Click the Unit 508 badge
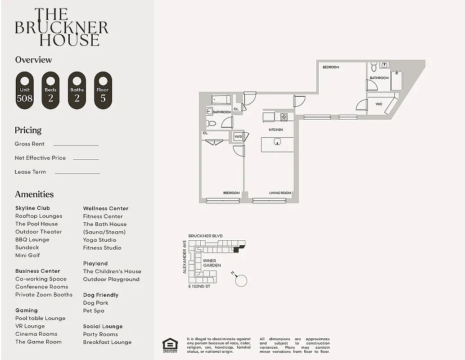coord(24,90)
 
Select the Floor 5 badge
coord(103,90)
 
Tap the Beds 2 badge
coord(50,90)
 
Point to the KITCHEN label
coord(275,130)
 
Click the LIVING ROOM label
coord(280,193)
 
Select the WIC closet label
coord(379,104)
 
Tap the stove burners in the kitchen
coord(284,117)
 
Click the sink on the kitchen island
coord(277,142)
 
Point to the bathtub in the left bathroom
coord(221,99)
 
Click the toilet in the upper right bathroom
coord(374,67)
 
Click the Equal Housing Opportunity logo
coord(170,344)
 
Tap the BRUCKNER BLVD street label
coord(205,236)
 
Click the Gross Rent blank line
coord(76,145)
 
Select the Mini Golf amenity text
coord(27,255)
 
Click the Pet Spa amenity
coord(94,310)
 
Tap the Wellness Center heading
coord(105,208)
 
